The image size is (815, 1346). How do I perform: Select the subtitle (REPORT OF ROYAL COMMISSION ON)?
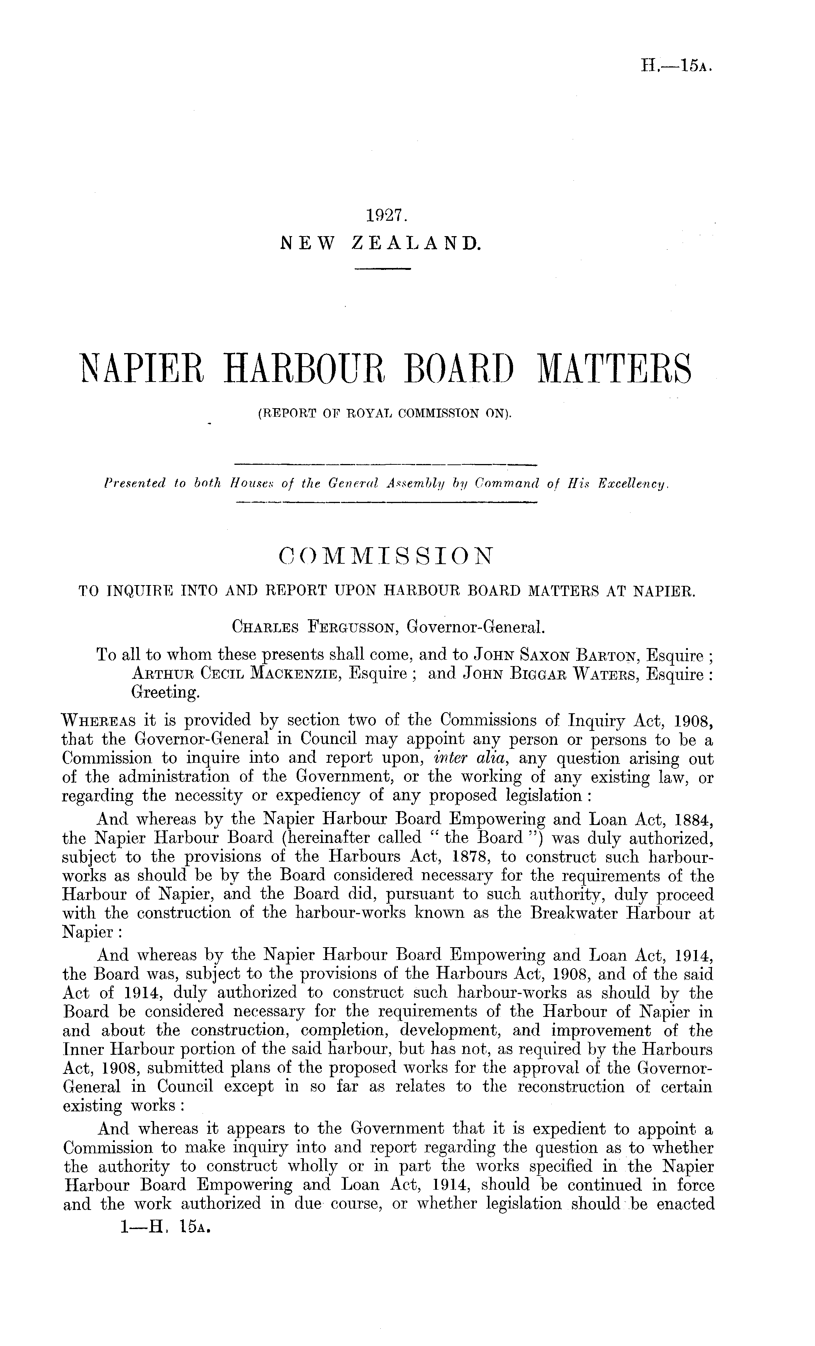(384, 414)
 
